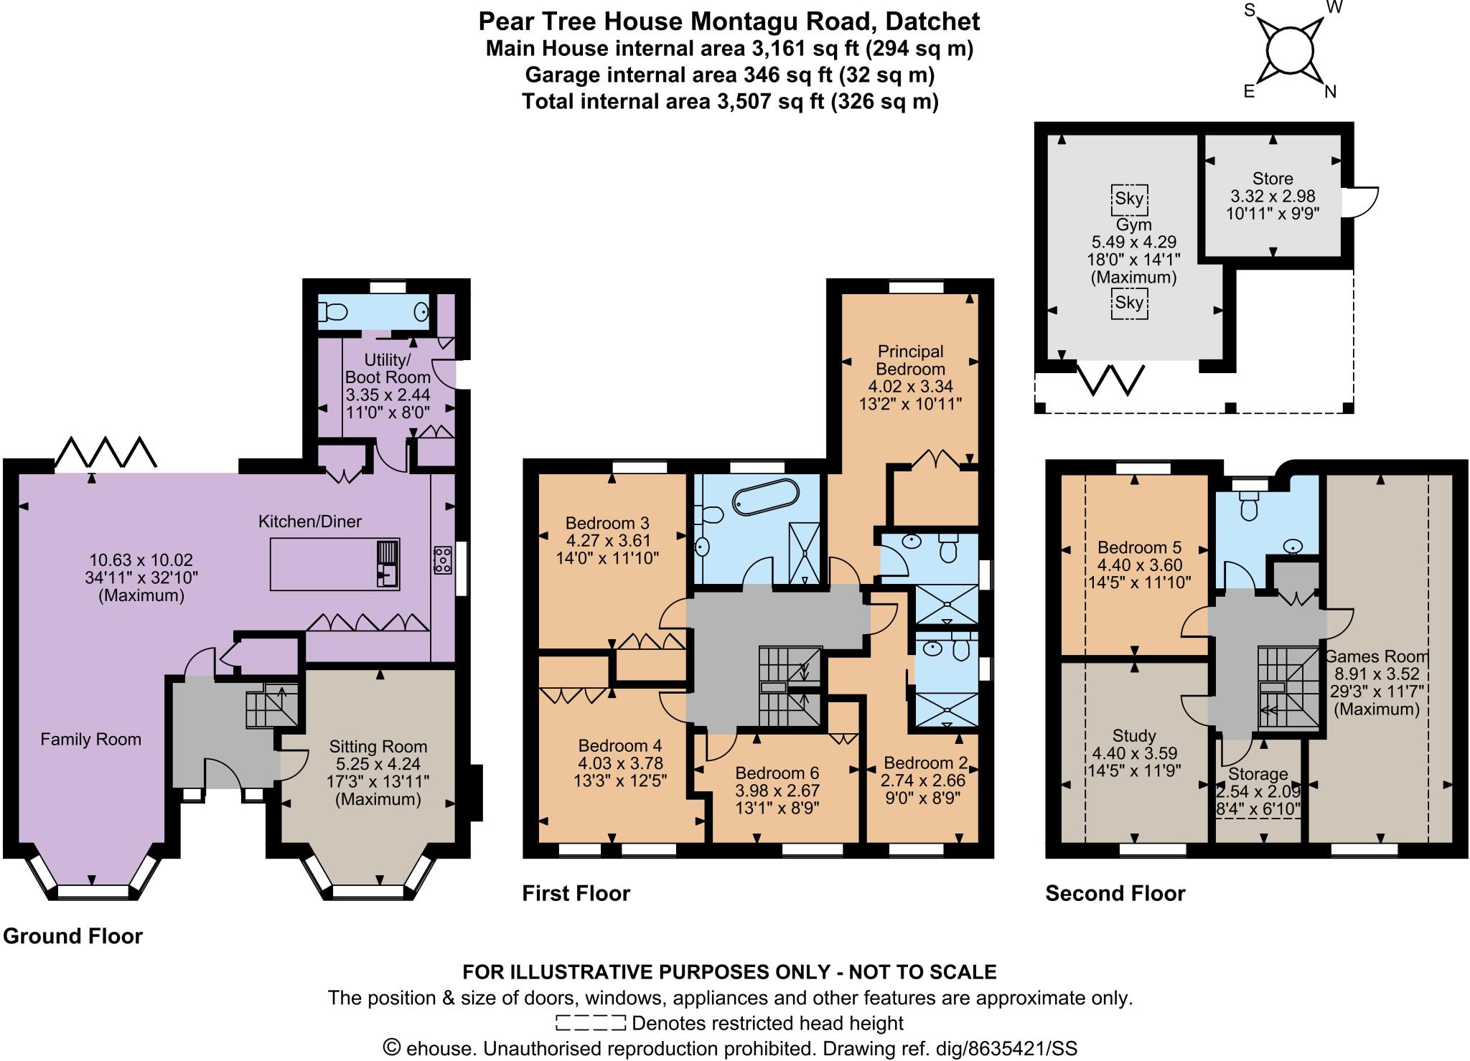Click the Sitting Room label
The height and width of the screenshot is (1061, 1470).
(378, 747)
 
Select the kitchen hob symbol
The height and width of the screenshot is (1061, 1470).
(442, 560)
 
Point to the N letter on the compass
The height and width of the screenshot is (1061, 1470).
(1329, 92)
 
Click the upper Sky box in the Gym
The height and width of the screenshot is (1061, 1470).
(1129, 198)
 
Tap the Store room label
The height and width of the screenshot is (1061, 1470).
(1273, 179)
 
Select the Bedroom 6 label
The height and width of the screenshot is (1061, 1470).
(777, 773)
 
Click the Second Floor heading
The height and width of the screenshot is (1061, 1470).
(1115, 893)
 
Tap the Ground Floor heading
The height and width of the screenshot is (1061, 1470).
(73, 936)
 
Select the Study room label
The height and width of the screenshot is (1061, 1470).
(1134, 735)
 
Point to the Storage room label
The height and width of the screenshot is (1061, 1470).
(1257, 774)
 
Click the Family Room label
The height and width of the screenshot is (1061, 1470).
(90, 740)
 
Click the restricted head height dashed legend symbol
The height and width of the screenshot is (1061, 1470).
(590, 1022)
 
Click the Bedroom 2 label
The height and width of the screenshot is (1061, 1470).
(925, 763)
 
